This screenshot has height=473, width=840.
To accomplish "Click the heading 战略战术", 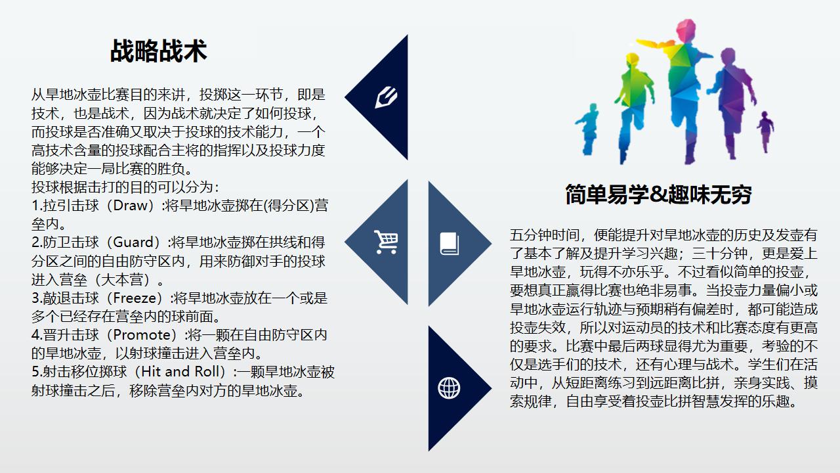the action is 159,51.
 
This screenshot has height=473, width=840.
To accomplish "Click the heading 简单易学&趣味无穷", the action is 658,194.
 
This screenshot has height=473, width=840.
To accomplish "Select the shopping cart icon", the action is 386,242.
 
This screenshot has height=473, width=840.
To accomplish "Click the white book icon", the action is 450,244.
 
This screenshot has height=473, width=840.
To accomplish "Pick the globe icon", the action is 449,388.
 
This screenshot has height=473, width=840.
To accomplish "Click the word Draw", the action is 131,206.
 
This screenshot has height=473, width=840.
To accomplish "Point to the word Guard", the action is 133,242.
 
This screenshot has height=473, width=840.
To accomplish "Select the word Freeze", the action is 135,298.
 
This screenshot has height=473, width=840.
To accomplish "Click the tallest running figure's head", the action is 686,30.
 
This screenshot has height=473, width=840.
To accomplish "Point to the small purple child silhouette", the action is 765,132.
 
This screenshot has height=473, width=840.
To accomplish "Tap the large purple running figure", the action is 731,101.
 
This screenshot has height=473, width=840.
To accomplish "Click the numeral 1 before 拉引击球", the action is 35,206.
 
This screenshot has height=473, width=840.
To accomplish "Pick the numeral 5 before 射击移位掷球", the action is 35,372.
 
